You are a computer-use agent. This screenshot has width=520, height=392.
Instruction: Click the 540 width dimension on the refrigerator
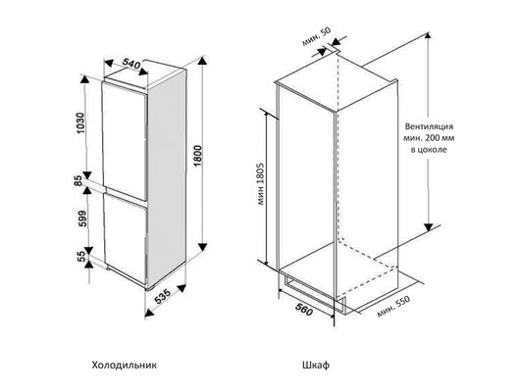[x=131, y=64]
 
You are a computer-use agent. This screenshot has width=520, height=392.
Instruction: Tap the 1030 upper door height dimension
[x=80, y=123]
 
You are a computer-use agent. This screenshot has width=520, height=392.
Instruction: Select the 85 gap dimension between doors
[x=78, y=181]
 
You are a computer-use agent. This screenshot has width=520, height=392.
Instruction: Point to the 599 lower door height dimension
[x=81, y=219]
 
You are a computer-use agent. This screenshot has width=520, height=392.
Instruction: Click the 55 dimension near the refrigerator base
[x=81, y=256]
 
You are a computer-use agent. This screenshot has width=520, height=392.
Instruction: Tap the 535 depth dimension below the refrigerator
[x=163, y=297]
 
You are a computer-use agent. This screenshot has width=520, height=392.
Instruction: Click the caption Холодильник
[x=124, y=366]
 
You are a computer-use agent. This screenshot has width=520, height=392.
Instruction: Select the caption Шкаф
[x=316, y=366]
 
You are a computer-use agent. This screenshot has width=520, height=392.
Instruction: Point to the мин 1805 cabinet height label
[x=260, y=183]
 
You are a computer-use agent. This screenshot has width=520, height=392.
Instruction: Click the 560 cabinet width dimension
[x=304, y=310]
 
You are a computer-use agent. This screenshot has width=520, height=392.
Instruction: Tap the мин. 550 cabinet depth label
[x=393, y=306]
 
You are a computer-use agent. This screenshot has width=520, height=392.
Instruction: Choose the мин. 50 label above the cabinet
[x=316, y=36]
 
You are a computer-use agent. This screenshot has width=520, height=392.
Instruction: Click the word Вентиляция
[x=429, y=126]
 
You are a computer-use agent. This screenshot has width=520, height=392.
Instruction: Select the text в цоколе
[x=429, y=150]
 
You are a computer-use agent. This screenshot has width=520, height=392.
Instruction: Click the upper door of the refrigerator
[x=125, y=141]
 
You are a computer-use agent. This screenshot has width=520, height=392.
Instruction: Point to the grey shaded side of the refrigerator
[x=167, y=179]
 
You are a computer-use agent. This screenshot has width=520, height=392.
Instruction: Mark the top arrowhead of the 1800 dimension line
[x=203, y=62]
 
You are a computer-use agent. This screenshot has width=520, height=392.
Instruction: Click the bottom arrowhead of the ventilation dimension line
[x=429, y=227]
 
